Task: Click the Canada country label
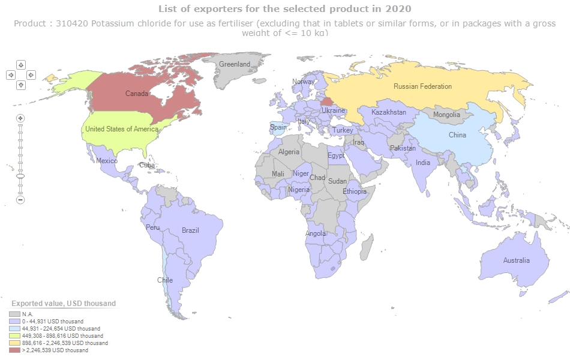[x=137, y=94]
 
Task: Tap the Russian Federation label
[x=422, y=86]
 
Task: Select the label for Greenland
[x=235, y=64]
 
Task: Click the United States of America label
[x=122, y=129]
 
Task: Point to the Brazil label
[x=190, y=230]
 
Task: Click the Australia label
[x=517, y=260]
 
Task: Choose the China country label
[x=457, y=135]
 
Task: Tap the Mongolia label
[x=446, y=115]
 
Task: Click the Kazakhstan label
[x=389, y=112]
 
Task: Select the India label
[x=423, y=163]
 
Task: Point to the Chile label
[x=165, y=280]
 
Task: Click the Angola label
[x=316, y=233]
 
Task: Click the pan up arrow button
[x=21, y=64]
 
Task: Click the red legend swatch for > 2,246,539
[x=14, y=350]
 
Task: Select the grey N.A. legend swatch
[x=14, y=314]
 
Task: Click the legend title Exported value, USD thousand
[x=64, y=304]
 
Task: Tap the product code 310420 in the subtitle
[x=71, y=24]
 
